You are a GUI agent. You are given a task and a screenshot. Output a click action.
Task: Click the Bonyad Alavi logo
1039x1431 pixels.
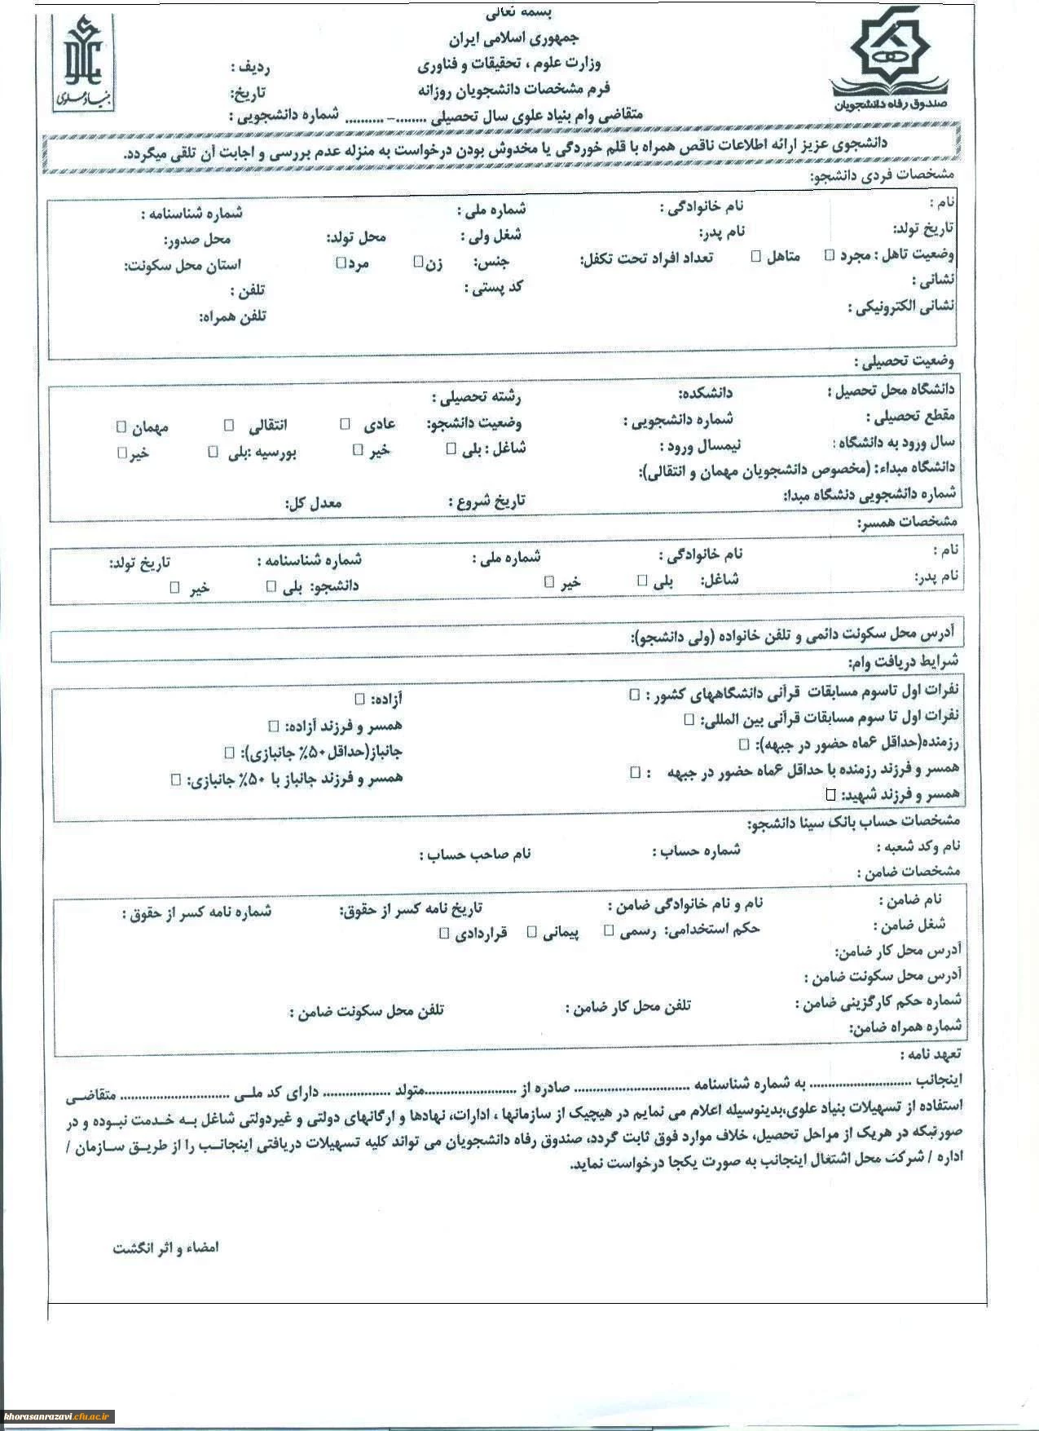[x=84, y=63]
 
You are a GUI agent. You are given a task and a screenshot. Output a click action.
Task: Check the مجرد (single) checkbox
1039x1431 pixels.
[x=830, y=255]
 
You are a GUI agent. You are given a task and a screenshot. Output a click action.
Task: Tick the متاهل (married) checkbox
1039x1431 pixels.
[x=756, y=256]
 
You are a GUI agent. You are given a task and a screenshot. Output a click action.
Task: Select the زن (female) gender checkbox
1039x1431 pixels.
[x=418, y=262]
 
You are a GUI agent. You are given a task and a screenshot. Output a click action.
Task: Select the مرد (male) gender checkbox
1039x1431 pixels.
[x=341, y=263]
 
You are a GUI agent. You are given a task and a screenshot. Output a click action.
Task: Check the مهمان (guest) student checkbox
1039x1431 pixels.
[x=121, y=426]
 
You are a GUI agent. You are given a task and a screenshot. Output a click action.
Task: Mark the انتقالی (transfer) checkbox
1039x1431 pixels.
[x=230, y=425]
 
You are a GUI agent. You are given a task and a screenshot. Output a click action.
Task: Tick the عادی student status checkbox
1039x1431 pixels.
[x=345, y=424]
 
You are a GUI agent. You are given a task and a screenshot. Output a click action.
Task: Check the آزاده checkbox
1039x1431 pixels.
[x=359, y=699]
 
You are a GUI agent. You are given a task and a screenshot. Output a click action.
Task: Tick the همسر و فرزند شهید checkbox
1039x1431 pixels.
[x=830, y=793]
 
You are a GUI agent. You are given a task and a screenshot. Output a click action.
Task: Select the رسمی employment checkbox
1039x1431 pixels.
[x=609, y=930]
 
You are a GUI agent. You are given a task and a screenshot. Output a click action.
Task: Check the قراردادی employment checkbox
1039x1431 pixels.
[x=444, y=933]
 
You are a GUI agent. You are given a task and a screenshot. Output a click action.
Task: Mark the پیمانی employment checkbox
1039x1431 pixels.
[x=532, y=931]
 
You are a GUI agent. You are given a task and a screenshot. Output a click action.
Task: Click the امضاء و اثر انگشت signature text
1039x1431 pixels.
[x=165, y=1248]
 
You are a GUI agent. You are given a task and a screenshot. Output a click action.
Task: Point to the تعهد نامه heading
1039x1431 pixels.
[x=931, y=1054]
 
